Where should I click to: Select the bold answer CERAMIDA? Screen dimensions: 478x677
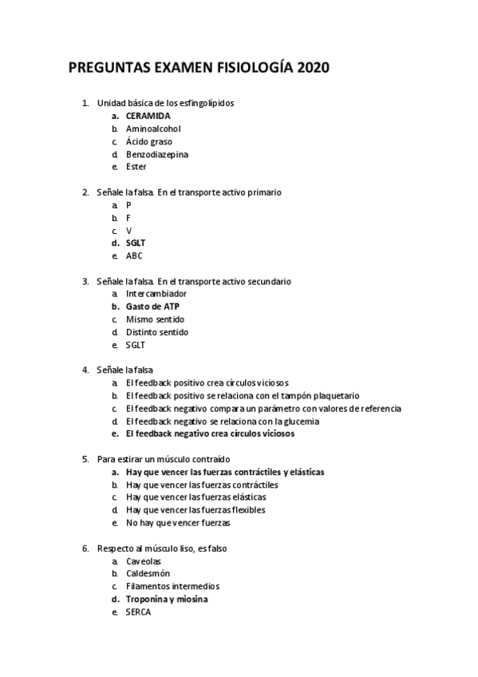coord(148,116)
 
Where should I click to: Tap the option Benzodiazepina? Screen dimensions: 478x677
coord(157,154)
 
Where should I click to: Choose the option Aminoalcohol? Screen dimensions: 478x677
coord(153,129)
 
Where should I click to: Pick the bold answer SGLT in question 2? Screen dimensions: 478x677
coord(136,243)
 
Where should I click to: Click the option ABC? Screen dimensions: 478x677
coord(134,255)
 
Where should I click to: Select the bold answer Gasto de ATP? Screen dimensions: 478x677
coord(152,307)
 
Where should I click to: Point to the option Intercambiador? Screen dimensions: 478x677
coord(156,294)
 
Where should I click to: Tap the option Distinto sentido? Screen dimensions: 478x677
coord(157,332)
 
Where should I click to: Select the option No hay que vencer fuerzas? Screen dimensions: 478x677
coord(178,523)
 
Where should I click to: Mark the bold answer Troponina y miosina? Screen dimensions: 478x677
coord(168,599)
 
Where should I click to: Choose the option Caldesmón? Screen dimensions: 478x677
coord(148,573)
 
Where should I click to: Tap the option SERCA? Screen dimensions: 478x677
coord(138,612)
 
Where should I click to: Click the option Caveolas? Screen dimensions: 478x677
coord(144,560)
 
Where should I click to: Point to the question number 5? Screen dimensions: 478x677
coord(85,459)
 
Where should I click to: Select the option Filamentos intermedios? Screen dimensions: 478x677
coord(168,586)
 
